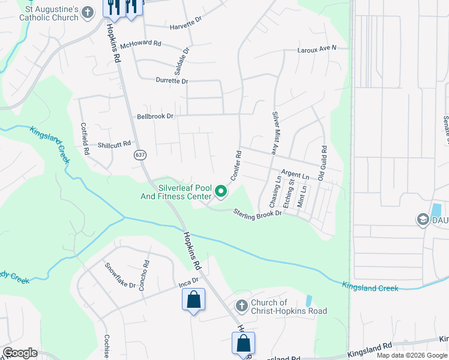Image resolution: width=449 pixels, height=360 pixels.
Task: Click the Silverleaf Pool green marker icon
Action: [221, 191]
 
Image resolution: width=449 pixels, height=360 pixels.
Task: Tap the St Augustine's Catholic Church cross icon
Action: [88, 12]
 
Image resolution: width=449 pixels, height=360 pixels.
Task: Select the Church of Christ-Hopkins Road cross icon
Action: [241, 307]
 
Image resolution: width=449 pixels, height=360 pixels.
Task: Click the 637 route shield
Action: [140, 155]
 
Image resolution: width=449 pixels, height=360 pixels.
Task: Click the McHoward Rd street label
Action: [141, 44]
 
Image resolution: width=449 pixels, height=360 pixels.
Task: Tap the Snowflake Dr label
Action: [120, 275]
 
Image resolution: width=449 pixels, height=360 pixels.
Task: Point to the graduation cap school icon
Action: [422, 220]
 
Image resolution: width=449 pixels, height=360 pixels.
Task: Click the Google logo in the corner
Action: [20, 353]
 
